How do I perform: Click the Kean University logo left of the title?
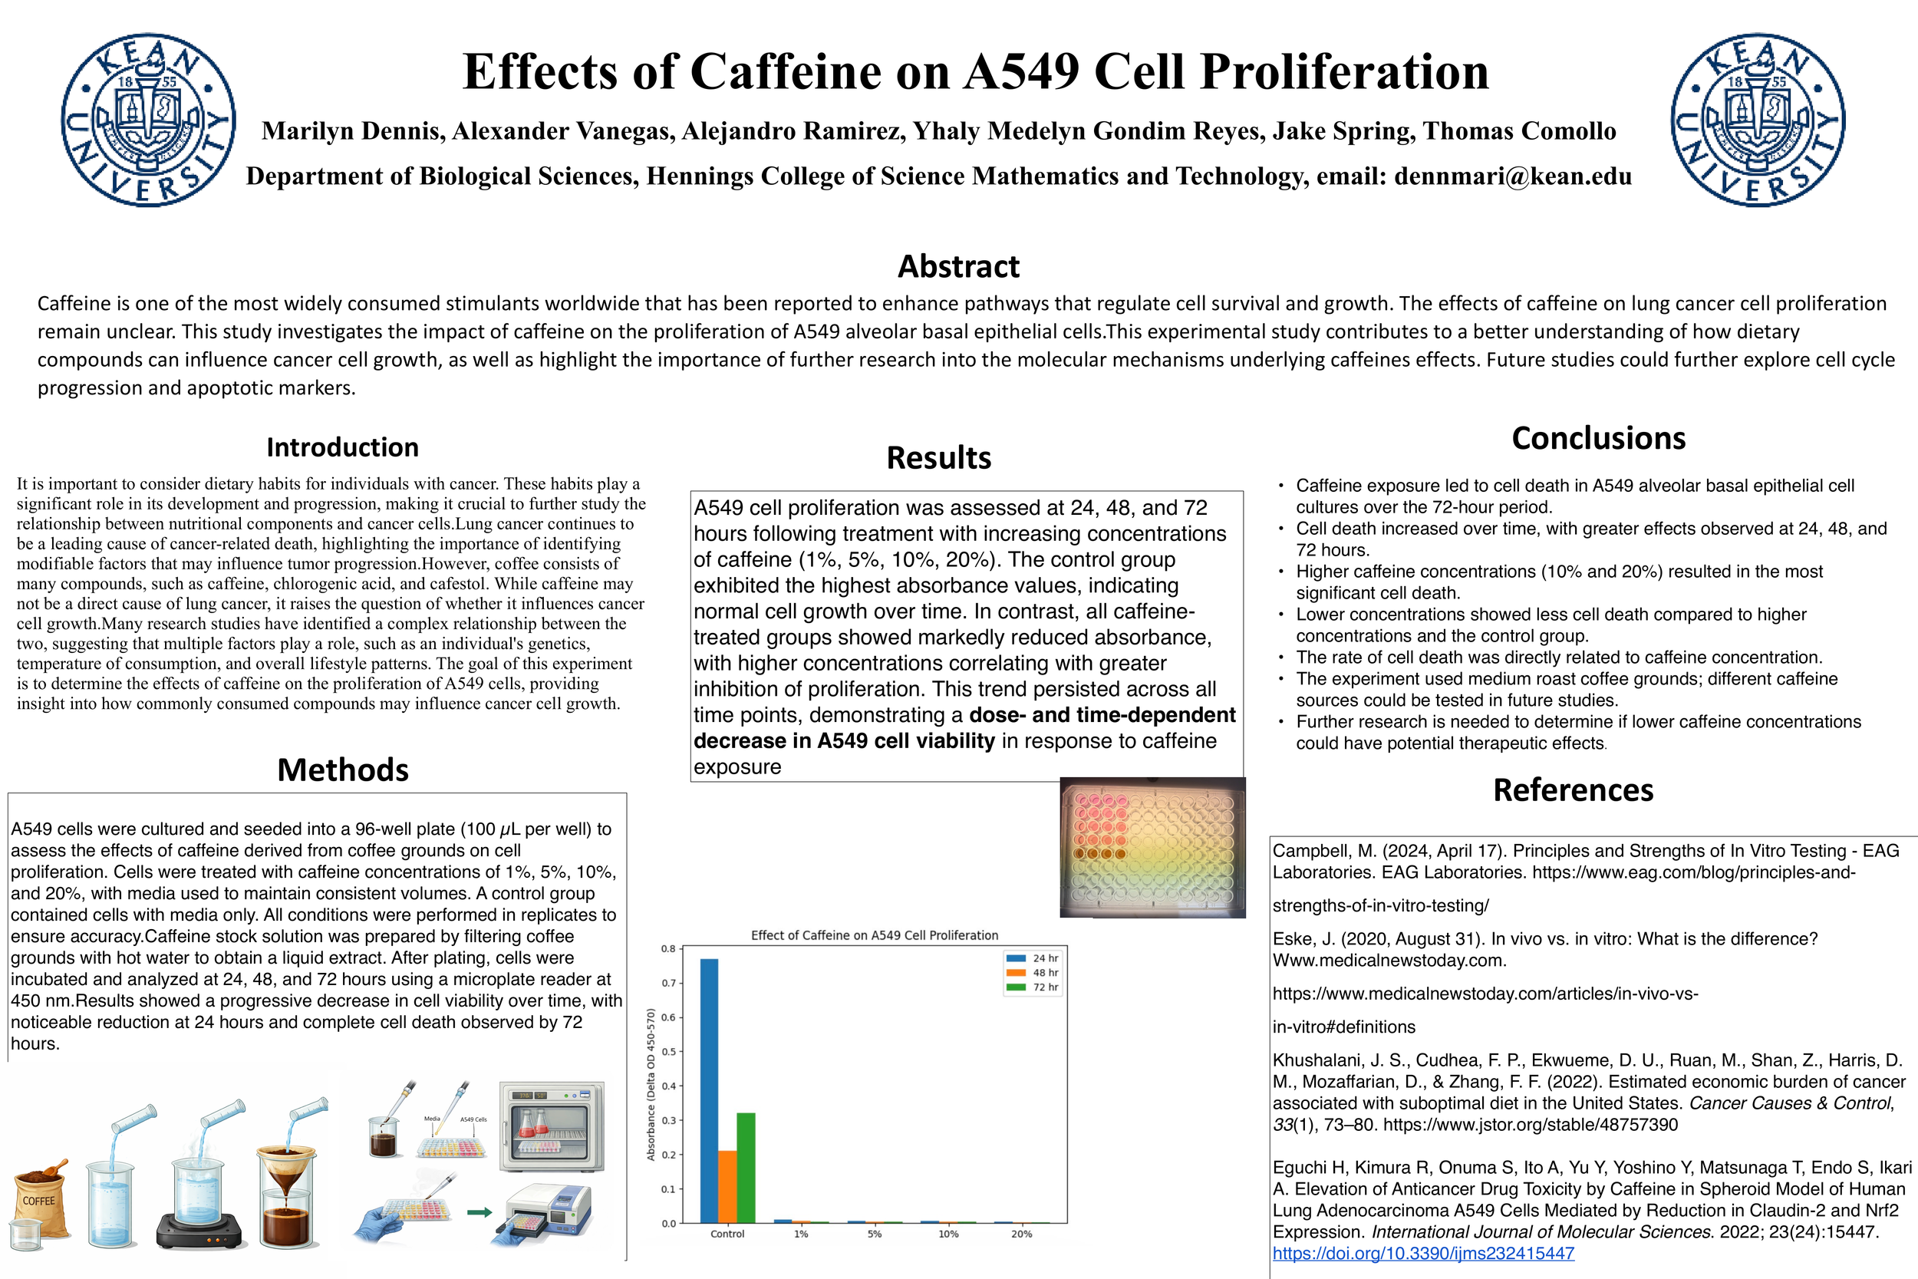pos(148,120)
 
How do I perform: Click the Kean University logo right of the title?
pos(1758,120)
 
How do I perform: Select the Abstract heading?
pos(958,267)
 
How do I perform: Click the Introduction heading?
pos(342,447)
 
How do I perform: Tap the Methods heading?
pos(342,770)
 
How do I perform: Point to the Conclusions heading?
pos(1598,438)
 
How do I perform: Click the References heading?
pos(1573,790)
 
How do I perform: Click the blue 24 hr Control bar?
pos(710,1093)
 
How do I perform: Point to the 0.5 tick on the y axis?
pos(669,1051)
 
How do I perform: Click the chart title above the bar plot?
pos(874,935)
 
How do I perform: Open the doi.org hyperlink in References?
pos(1423,1254)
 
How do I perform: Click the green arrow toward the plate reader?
pos(479,1212)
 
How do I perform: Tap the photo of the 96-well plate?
pos(1152,847)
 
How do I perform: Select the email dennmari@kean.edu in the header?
pos(1513,176)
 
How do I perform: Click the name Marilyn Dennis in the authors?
pos(352,130)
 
